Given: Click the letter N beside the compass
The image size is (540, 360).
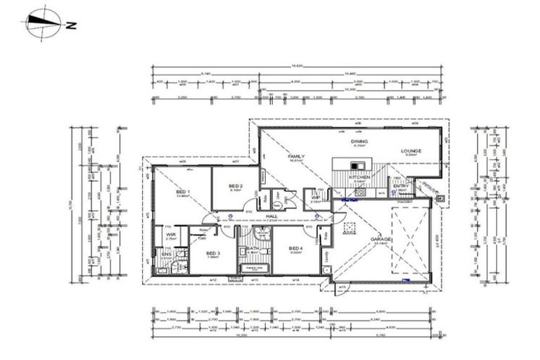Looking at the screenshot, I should click(70, 27).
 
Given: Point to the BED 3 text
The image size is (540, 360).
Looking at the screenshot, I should click(213, 253).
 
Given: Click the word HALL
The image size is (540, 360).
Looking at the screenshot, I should click(269, 217).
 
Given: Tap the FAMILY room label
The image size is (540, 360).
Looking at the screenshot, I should click(296, 156).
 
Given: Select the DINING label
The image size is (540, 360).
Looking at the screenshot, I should click(359, 142).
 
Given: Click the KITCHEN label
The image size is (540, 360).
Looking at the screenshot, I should click(359, 178).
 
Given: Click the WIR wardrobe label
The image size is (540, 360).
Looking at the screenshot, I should click(171, 235).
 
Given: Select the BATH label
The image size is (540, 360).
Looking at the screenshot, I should click(251, 250).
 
